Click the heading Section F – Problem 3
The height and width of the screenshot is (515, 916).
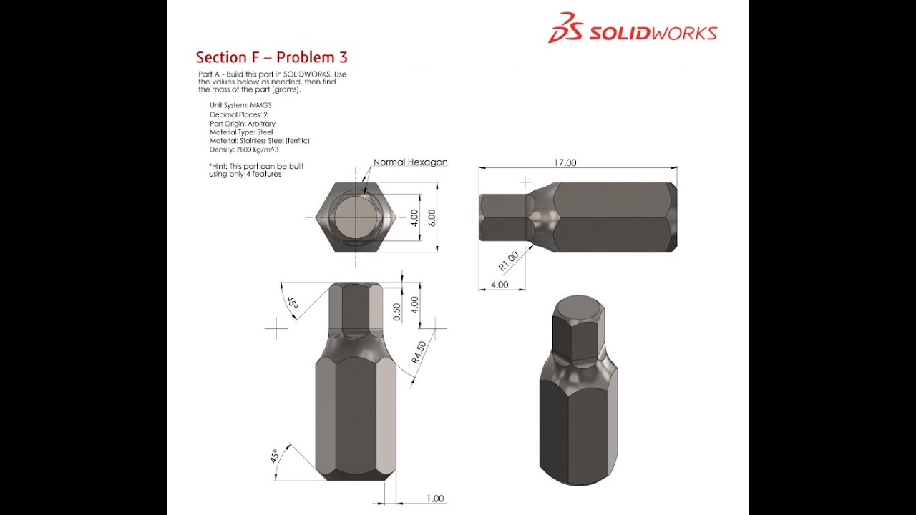272,57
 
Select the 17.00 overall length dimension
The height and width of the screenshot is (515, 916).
564,162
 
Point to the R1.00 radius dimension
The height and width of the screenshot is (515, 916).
508,261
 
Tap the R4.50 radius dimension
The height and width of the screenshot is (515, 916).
419,353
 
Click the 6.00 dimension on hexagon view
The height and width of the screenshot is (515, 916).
432,217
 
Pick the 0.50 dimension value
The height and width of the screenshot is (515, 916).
397,311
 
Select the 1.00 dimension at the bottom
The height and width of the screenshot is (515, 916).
434,499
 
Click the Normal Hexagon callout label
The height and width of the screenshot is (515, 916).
410,162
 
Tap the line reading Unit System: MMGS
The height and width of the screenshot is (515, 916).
240,105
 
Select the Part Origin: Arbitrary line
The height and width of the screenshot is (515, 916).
243,123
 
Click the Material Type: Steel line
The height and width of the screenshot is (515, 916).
241,132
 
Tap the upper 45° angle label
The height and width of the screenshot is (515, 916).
292,303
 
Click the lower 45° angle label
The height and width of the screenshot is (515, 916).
274,456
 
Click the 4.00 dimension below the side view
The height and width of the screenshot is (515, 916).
499,284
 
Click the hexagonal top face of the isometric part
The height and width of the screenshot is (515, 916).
578,309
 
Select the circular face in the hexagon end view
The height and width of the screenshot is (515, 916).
353,217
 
